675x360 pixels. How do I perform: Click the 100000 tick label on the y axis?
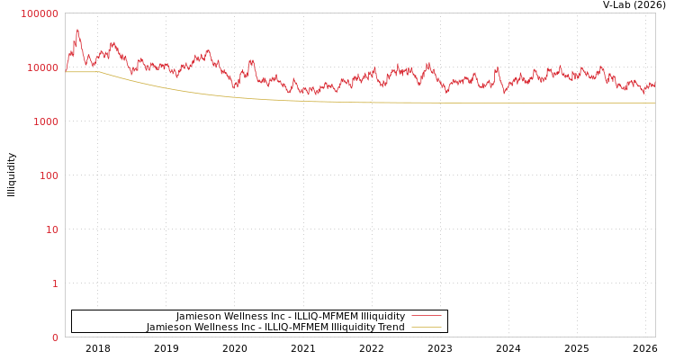click(40, 13)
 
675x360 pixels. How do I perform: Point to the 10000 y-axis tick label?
click(42, 67)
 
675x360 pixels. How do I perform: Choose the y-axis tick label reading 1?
click(54, 283)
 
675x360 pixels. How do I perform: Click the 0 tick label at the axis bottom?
click(54, 337)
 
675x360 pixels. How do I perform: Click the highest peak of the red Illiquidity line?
click(77, 30)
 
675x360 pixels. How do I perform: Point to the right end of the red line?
click(654, 85)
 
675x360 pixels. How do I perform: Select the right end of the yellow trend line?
click(654, 103)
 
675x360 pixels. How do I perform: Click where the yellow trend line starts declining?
click(100, 72)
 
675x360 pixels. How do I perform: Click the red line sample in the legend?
click(426, 316)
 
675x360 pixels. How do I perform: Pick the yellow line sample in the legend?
click(426, 327)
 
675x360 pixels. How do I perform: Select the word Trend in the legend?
click(391, 327)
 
